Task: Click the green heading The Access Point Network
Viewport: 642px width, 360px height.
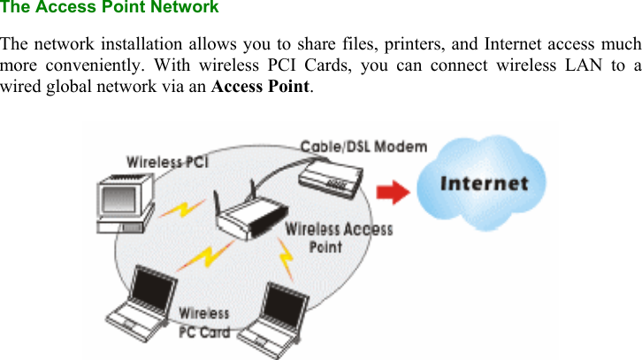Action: coord(110,8)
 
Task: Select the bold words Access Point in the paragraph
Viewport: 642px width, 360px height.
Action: coord(262,87)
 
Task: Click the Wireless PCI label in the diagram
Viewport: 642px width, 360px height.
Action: coord(167,162)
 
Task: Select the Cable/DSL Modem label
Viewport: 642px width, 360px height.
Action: coord(363,147)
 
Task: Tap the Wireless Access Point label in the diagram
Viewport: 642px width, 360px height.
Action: coord(338,237)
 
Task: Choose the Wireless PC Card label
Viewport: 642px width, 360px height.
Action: coord(204,323)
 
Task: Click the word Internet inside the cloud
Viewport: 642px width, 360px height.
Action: coord(484,184)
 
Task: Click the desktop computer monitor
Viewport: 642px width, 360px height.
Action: coord(124,199)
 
